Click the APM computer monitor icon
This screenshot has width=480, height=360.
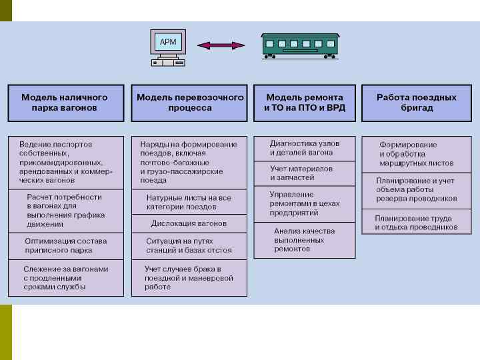(167, 43)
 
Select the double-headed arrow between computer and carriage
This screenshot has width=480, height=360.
(222, 45)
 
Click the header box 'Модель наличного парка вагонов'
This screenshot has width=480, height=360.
(66, 103)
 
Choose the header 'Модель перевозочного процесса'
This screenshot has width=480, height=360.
(190, 103)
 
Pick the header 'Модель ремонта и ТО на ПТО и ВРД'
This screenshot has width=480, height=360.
(305, 103)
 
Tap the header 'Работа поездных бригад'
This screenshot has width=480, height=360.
(417, 103)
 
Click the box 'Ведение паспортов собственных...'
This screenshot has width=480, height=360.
(66, 162)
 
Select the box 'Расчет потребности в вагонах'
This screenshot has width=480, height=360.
(66, 211)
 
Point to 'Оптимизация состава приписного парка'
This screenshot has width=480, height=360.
(66, 245)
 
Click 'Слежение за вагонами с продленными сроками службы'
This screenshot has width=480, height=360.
(66, 277)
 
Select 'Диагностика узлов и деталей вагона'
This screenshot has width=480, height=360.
(305, 148)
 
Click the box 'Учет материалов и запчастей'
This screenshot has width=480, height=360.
(305, 173)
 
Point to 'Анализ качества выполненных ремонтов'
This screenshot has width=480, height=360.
(305, 240)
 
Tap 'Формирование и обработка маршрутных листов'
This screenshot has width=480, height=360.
(417, 154)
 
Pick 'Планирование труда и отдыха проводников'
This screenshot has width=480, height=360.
(417, 223)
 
